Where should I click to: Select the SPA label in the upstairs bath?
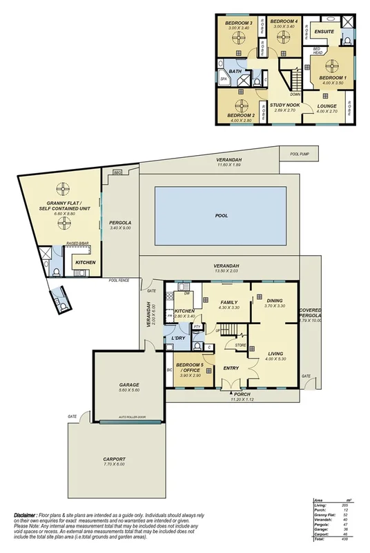[224, 79]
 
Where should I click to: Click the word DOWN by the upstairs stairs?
[295, 95]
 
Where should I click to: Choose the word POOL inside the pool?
[222, 216]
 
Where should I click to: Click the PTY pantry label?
[197, 326]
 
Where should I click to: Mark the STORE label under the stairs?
[240, 345]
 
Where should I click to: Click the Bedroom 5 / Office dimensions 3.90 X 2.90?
[188, 375]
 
